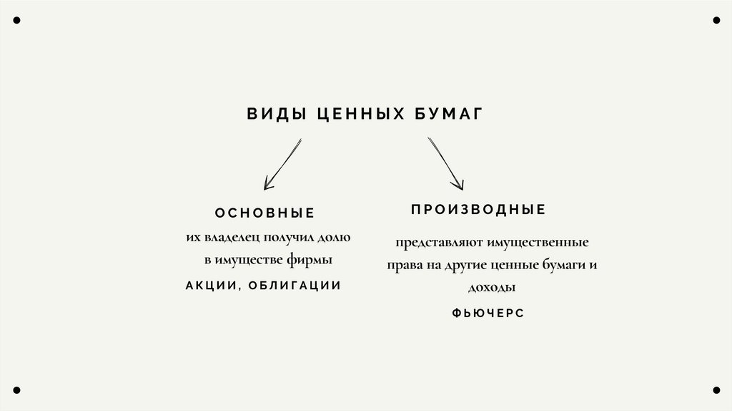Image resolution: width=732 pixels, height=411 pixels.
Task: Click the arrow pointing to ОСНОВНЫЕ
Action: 282,165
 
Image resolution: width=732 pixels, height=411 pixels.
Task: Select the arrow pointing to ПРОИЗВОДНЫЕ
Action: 446,165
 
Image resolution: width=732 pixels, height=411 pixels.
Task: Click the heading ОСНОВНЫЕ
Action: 264,213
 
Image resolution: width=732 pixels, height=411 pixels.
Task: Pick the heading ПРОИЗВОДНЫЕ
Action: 478,210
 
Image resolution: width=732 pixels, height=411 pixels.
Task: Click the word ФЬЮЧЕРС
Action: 488,313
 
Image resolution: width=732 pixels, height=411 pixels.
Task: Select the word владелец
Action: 232,237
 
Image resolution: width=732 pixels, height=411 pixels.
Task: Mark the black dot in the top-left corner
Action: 16,20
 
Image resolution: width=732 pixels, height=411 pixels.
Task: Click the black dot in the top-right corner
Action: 716,20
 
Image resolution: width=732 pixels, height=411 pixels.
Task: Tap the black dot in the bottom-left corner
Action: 16,390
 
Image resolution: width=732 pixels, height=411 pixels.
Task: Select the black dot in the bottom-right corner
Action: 716,390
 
